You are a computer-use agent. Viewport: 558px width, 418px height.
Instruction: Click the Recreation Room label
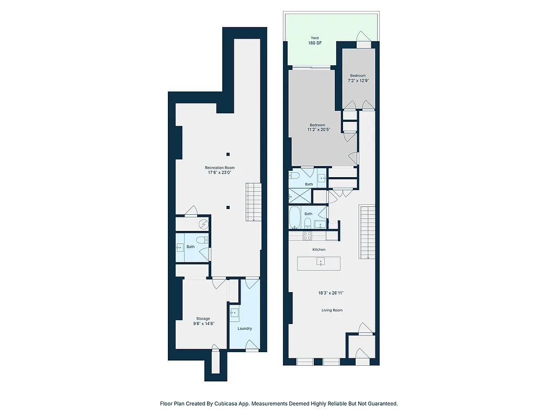click(x=220, y=168)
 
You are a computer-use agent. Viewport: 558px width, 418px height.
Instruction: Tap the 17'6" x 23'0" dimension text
click(x=220, y=172)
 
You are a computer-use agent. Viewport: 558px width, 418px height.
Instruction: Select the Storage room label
click(x=203, y=319)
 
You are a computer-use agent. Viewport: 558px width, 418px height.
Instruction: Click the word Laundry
click(x=244, y=329)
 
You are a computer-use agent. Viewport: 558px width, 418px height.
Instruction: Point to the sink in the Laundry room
click(x=234, y=313)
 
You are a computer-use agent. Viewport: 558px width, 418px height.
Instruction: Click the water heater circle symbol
click(x=203, y=224)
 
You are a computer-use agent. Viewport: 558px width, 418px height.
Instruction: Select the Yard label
click(x=315, y=38)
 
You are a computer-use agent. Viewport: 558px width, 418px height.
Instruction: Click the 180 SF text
click(x=315, y=43)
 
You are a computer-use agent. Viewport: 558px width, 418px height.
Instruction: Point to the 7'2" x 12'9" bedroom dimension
click(x=358, y=81)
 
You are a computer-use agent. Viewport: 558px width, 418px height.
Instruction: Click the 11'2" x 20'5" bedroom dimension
click(x=317, y=130)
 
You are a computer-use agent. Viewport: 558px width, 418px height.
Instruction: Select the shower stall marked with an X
click(x=299, y=196)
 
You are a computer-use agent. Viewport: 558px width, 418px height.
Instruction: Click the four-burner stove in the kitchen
click(x=308, y=236)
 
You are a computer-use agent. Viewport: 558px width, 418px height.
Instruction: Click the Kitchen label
click(x=319, y=250)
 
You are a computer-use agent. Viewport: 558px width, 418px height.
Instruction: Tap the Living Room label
click(x=332, y=310)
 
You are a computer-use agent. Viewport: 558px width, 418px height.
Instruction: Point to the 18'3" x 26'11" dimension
click(x=332, y=293)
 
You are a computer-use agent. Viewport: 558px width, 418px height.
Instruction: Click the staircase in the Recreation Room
click(x=253, y=202)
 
